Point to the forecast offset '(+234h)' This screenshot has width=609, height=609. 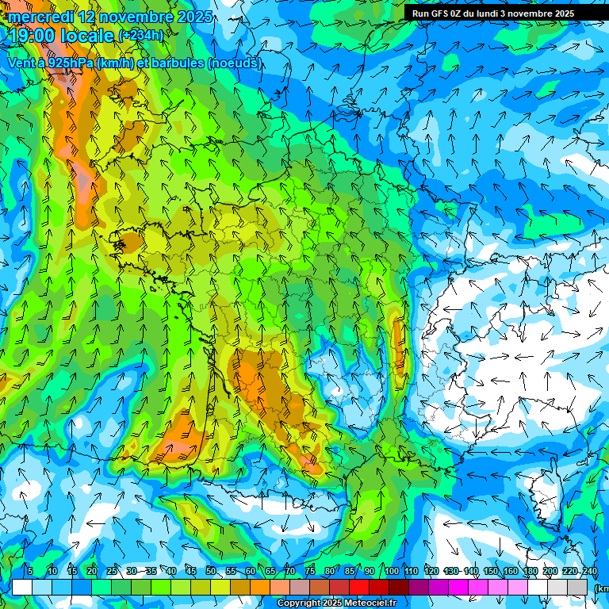pyautogui.click(x=140, y=36)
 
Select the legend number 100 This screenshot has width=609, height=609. pyautogui.click(x=391, y=571)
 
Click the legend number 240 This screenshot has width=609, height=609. pyautogui.click(x=590, y=571)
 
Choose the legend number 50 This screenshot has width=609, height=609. pyautogui.click(x=211, y=571)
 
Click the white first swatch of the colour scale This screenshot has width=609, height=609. pyautogui.click(x=21, y=587)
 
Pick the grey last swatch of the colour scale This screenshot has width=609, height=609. pyautogui.click(x=578, y=587)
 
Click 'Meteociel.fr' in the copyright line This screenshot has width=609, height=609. pyautogui.click(x=370, y=603)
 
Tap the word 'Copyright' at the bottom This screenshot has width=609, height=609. pyautogui.click(x=299, y=603)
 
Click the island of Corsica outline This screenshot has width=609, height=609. pyautogui.click(x=546, y=500)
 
